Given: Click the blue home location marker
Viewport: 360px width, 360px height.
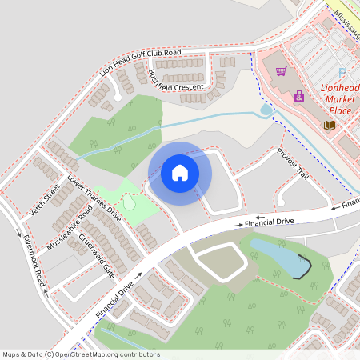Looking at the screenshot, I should click(180, 173).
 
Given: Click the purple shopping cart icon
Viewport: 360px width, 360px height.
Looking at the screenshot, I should click(281, 72).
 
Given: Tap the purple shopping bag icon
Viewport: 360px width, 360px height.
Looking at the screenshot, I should click(298, 97).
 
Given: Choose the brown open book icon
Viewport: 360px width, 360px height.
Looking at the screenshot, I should click(328, 125).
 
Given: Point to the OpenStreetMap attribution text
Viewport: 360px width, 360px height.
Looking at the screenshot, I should click(81, 354).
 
